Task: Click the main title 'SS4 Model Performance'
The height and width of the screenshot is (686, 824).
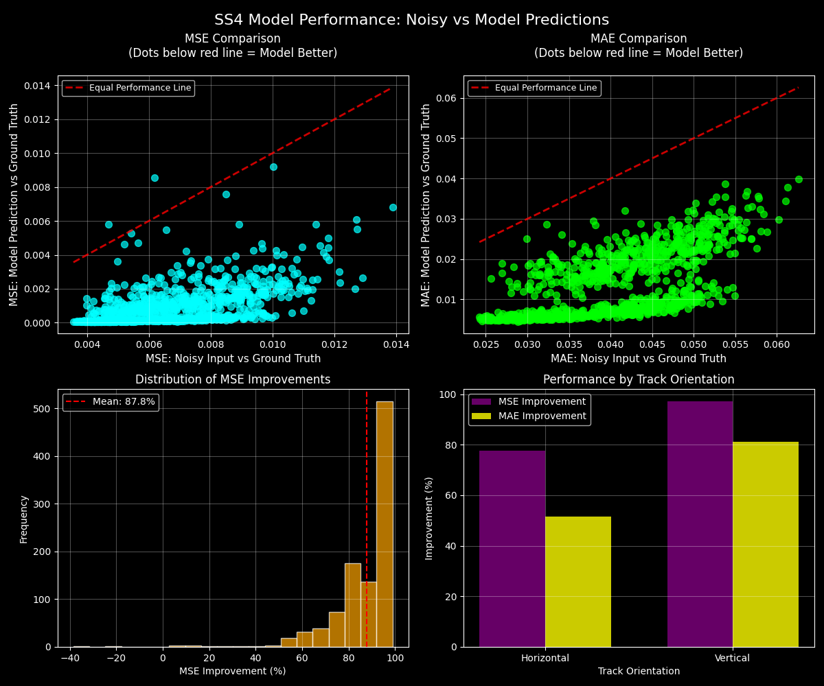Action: coord(411,20)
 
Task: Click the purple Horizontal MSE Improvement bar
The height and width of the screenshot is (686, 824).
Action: coord(512,549)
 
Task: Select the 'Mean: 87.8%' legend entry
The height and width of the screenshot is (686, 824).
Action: coord(111,402)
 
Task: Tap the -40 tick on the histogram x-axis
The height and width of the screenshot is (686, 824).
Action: coord(69,657)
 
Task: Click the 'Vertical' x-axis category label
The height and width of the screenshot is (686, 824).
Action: coord(732,658)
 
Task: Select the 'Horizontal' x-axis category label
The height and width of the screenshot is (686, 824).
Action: coord(545,658)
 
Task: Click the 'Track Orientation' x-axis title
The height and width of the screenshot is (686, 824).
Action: coord(639,671)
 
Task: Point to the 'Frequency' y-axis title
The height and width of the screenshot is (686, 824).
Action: coord(24,519)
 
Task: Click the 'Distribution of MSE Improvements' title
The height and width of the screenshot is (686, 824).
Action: coord(233,379)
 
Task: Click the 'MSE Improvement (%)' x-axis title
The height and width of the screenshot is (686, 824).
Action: coord(233,671)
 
